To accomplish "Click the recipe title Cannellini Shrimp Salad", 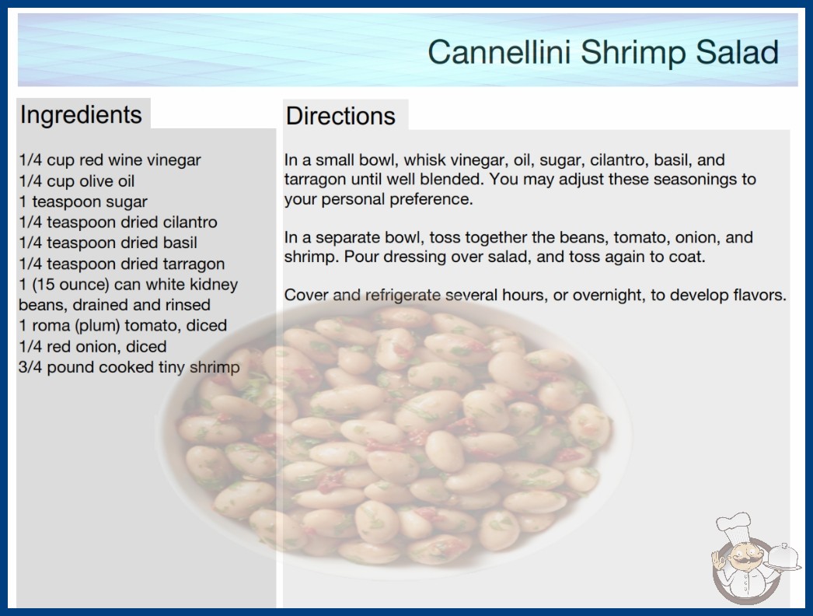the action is (x=603, y=52).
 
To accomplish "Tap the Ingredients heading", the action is (x=81, y=115).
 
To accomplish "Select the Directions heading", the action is (x=340, y=116).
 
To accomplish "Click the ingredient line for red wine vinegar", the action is (x=110, y=160).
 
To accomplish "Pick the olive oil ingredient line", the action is (x=76, y=180).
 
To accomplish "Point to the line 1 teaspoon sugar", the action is (x=83, y=201).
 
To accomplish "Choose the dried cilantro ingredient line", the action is (x=117, y=222).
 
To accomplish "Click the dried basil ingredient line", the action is (x=108, y=243).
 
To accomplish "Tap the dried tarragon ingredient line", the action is (x=121, y=264).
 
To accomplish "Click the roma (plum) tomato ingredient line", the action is (x=122, y=325).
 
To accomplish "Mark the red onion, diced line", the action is (x=92, y=346).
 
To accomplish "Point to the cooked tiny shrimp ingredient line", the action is (x=129, y=367).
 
